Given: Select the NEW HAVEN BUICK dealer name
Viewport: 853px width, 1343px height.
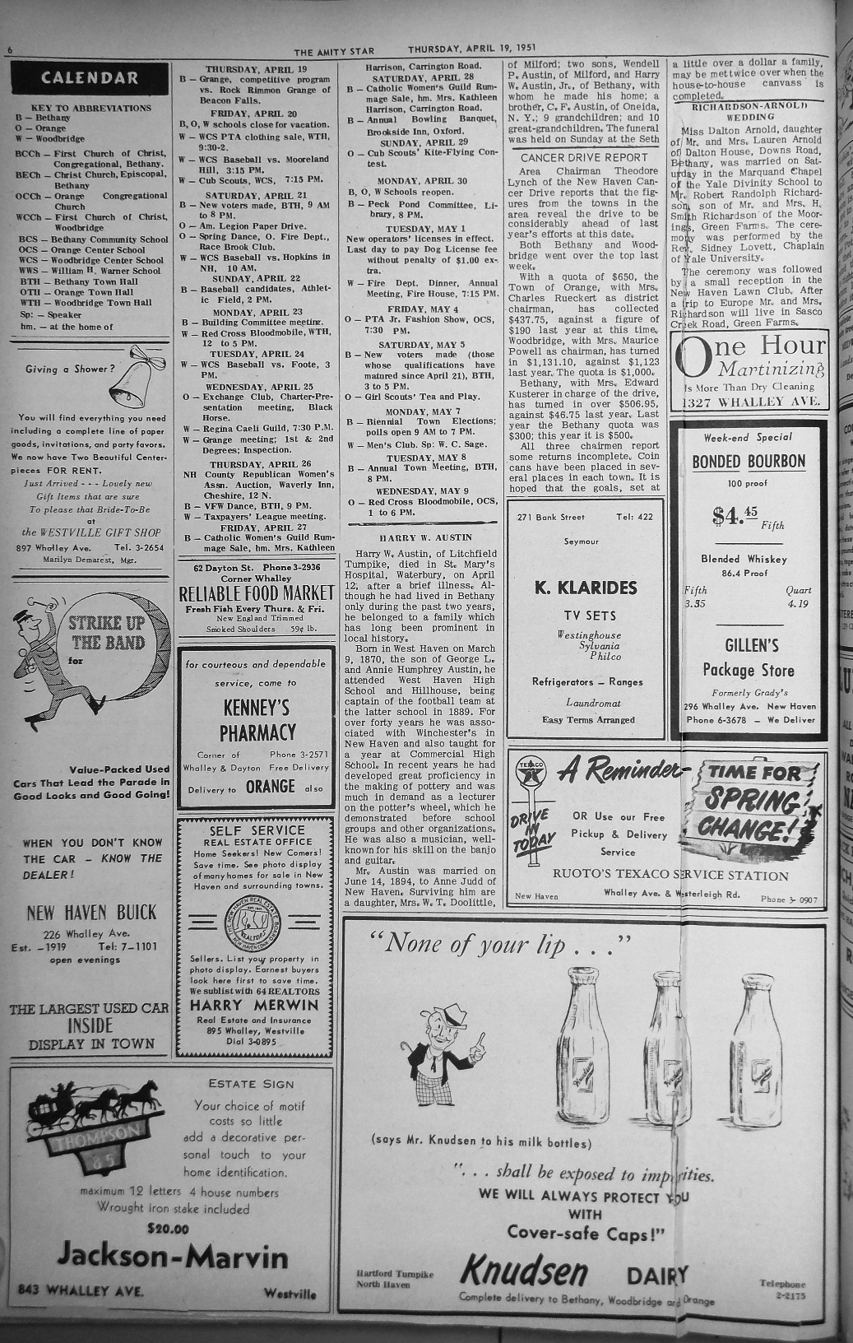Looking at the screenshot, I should tap(90, 912).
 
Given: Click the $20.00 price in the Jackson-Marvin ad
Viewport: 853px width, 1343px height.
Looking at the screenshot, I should tap(169, 1229).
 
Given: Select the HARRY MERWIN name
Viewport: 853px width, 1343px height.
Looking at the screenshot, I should tap(255, 1006).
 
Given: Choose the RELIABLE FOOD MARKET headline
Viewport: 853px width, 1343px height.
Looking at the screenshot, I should tap(257, 594).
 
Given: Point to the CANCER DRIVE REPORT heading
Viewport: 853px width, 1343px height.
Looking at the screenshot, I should tap(585, 157).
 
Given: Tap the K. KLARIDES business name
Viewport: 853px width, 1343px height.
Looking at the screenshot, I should tap(586, 588).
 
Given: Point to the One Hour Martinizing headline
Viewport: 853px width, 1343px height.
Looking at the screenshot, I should tap(749, 356).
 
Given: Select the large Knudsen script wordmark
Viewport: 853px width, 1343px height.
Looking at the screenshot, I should tap(525, 1271).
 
